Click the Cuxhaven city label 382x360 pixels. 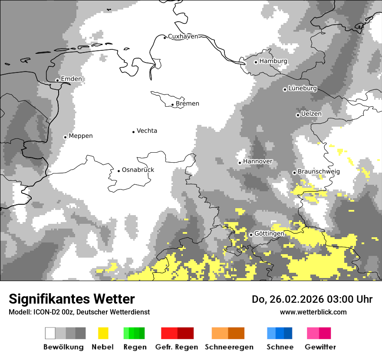click(183, 36)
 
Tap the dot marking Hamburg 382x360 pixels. click(256, 62)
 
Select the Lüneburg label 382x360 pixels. click(303, 88)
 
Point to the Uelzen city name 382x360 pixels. click(311, 114)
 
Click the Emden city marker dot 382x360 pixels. click(57, 80)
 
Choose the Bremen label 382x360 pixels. click(188, 104)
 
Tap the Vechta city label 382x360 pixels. click(147, 131)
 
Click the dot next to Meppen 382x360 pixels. click(65, 137)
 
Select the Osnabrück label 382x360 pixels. click(138, 170)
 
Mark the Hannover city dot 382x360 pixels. click(240, 163)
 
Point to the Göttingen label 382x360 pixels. click(269, 234)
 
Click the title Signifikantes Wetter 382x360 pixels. click(72, 299)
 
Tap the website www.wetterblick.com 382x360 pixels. click(313, 312)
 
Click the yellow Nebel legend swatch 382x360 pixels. click(103, 333)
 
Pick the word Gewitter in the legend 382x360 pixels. click(320, 347)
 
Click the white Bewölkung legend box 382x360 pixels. click(50, 333)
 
